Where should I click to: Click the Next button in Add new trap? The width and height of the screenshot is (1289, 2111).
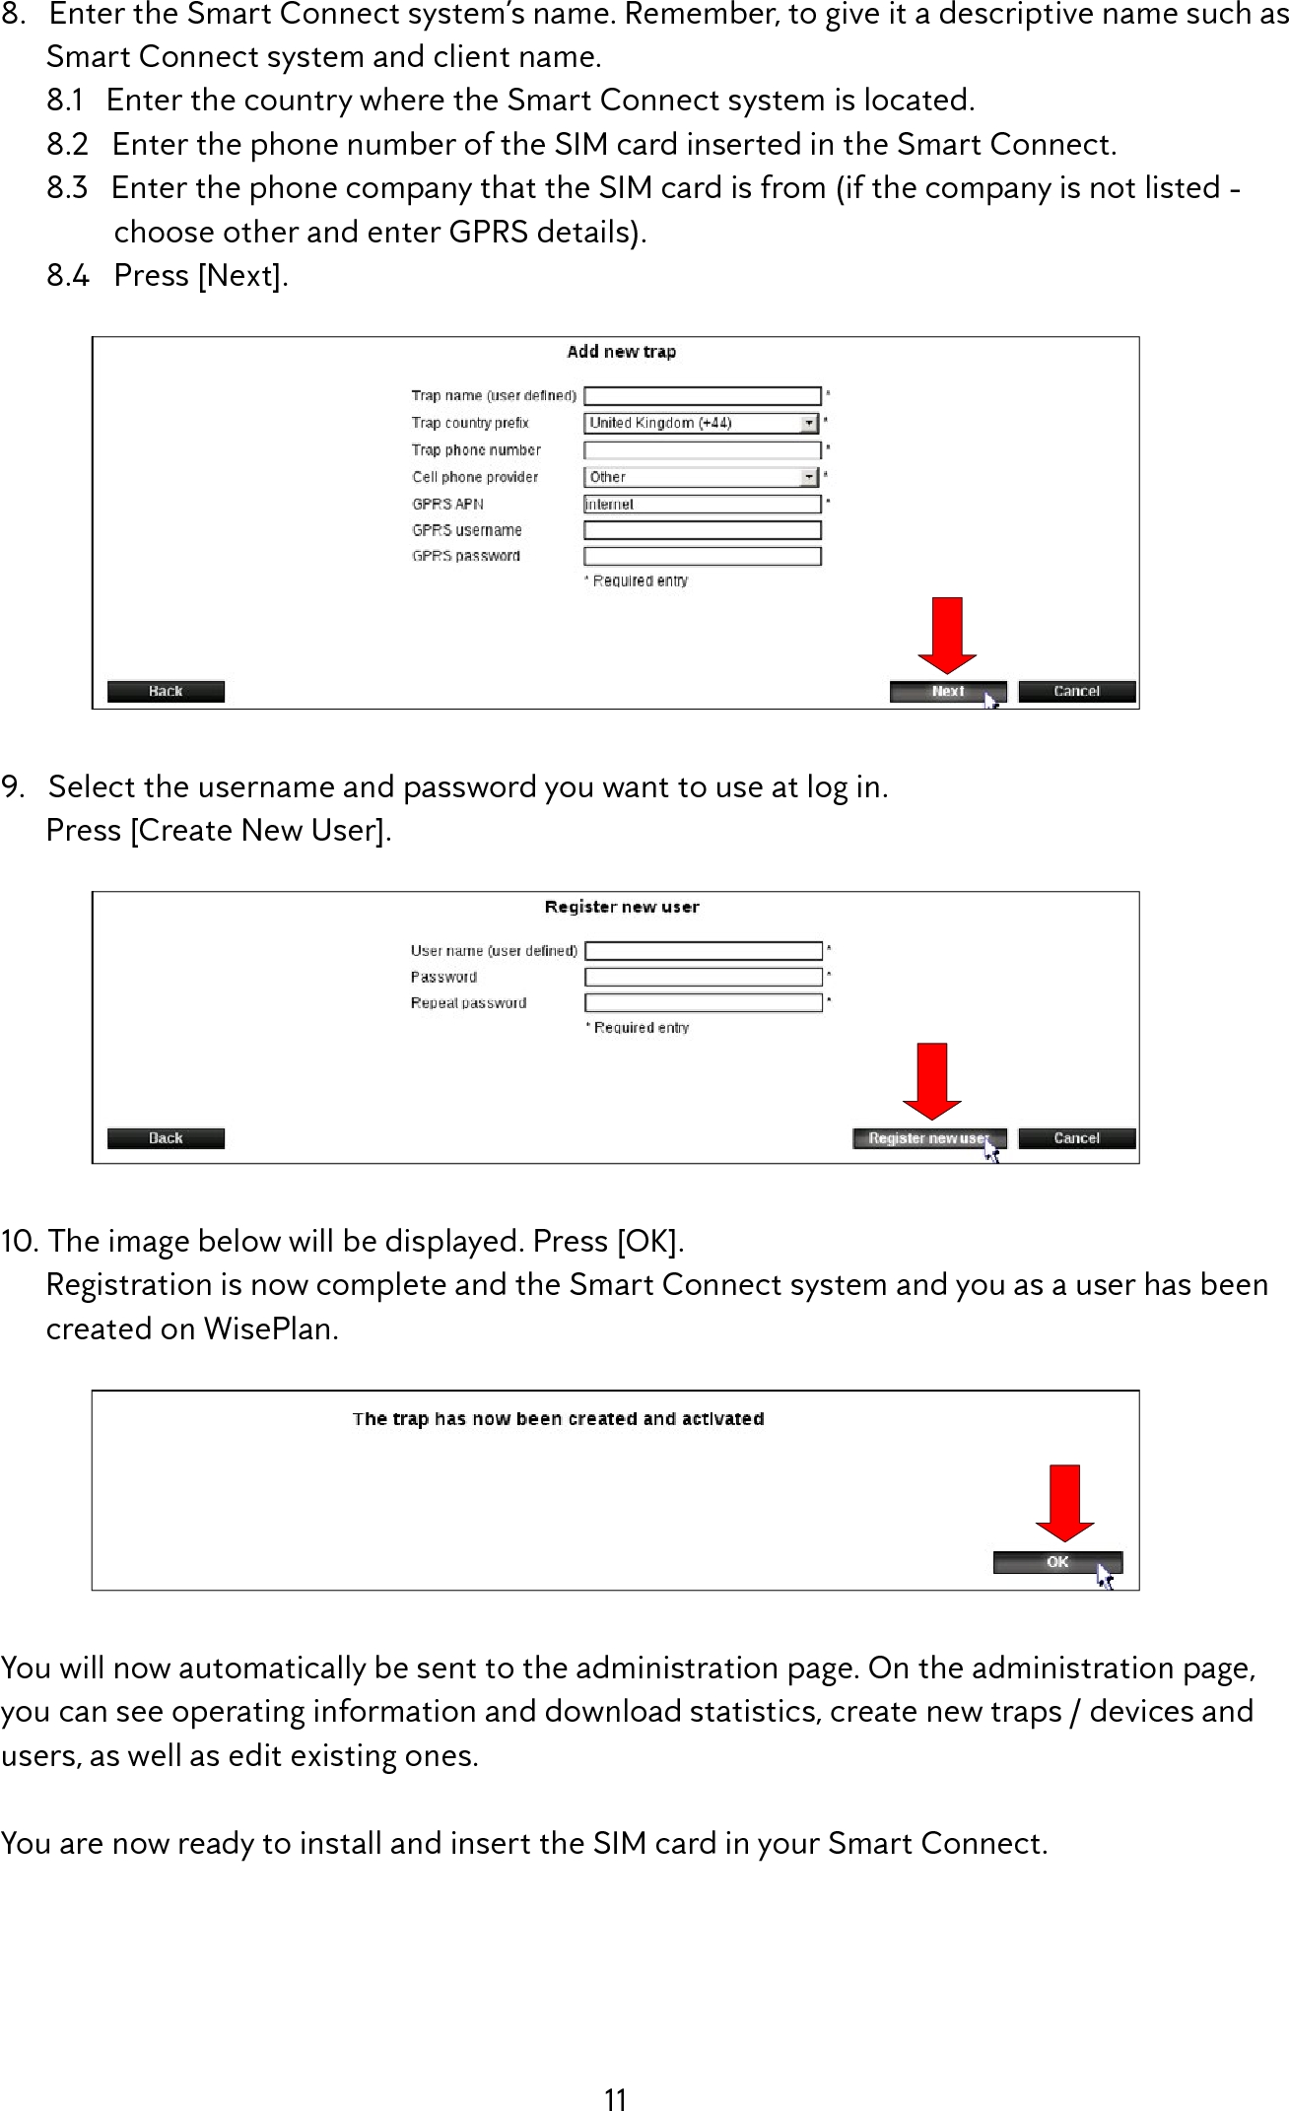947,692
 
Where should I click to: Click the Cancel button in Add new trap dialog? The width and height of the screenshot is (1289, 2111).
1076,692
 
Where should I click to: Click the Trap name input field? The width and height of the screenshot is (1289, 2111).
702,396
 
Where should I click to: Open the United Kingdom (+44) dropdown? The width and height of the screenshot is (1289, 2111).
703,423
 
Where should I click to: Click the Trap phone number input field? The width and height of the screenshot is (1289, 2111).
702,450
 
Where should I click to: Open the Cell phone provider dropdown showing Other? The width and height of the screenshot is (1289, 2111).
703,477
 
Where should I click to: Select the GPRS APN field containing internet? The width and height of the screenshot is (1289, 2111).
702,505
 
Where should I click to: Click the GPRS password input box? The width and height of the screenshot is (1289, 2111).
702,556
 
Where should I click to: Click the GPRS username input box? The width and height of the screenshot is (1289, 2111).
702,530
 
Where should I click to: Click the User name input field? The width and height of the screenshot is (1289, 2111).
703,951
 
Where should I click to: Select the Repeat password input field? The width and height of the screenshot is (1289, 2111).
703,1003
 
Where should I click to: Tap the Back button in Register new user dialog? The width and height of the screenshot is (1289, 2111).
166,1138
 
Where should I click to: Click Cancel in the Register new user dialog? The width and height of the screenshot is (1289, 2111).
1076,1138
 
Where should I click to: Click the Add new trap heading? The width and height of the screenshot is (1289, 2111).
621,352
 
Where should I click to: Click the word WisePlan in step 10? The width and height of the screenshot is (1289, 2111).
270,1329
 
